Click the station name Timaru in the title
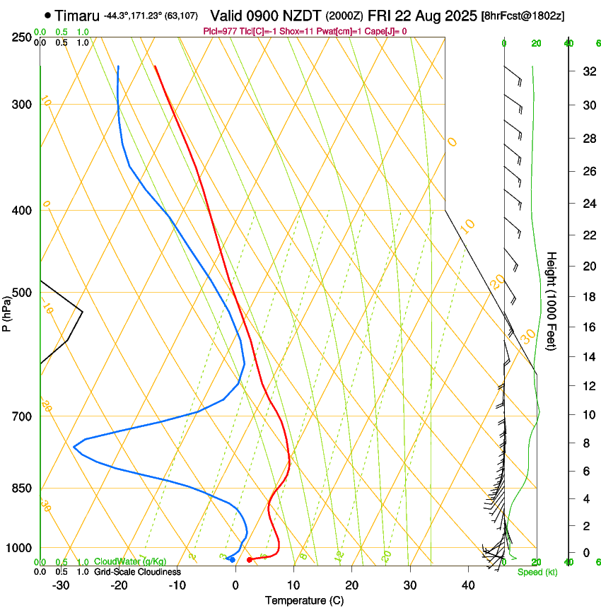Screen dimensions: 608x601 pyautogui.click(x=77, y=15)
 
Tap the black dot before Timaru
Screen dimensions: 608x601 pyautogui.click(x=47, y=15)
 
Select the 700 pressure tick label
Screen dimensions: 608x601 pyautogui.click(x=22, y=416)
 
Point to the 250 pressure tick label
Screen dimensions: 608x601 pyautogui.click(x=22, y=37)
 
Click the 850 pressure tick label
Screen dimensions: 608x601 pyautogui.click(x=22, y=489)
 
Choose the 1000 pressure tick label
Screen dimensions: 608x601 pyautogui.click(x=19, y=548)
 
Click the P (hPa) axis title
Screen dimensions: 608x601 pyautogui.click(x=7, y=311)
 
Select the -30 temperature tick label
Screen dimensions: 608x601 pyautogui.click(x=61, y=585)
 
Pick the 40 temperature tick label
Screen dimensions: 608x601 pyautogui.click(x=467, y=585)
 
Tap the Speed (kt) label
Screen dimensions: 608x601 pyautogui.click(x=535, y=572)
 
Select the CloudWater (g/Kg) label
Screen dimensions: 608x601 pyautogui.click(x=130, y=562)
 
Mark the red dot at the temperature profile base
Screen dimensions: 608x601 pyautogui.click(x=249, y=560)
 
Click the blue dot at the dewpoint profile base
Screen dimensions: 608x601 pyautogui.click(x=232, y=560)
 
